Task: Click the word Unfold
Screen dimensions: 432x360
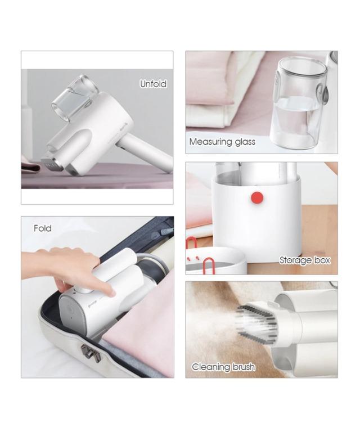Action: (x=153, y=84)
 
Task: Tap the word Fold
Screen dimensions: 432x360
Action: (x=42, y=228)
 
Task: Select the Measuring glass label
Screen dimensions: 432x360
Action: (x=222, y=142)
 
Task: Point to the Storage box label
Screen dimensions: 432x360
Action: (x=305, y=260)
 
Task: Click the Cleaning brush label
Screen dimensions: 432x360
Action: (x=223, y=367)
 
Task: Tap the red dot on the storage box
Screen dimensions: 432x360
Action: (x=258, y=197)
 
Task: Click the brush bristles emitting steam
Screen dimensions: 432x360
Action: (x=256, y=321)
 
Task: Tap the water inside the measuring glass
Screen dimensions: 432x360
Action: (x=295, y=121)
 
